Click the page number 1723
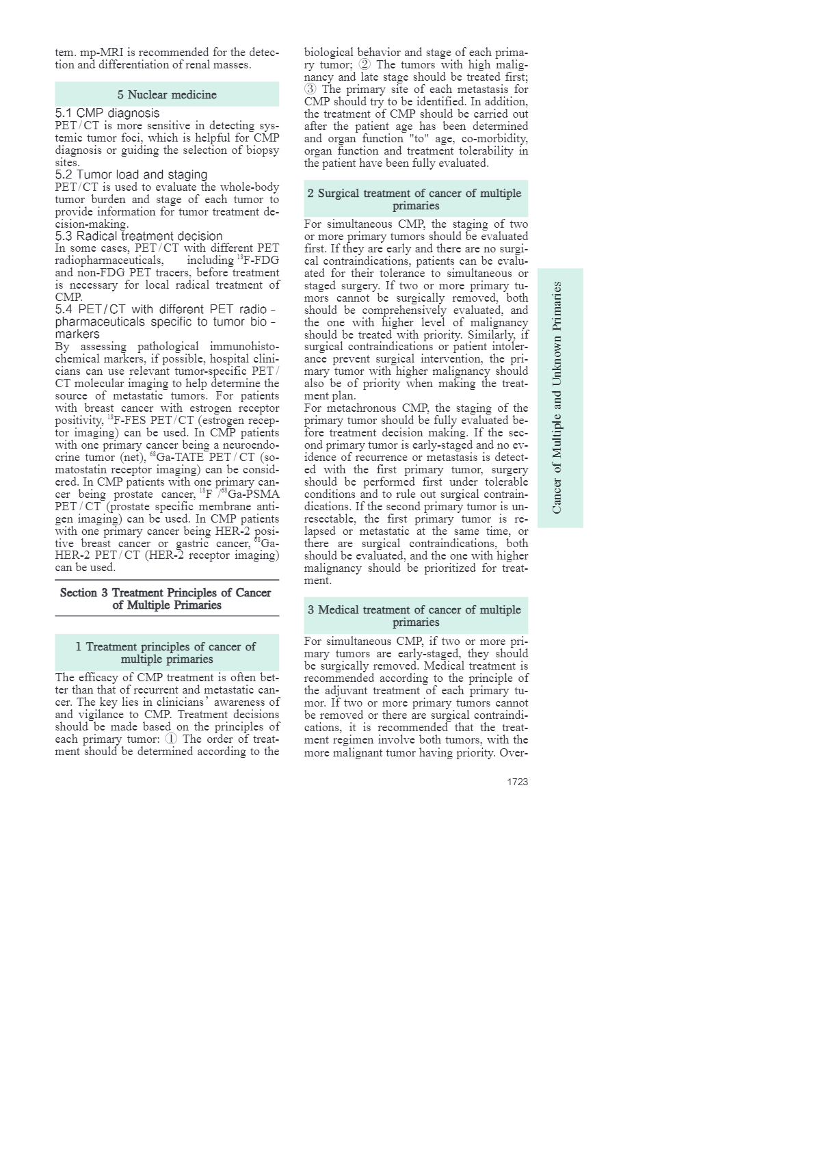pyautogui.click(x=517, y=782)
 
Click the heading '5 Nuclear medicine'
pyautogui.click(x=167, y=94)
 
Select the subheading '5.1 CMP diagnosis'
pyautogui.click(x=107, y=113)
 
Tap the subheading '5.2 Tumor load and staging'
pyautogui.click(x=131, y=174)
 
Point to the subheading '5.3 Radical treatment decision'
pyautogui.click(x=139, y=236)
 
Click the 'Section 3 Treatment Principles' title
pyautogui.click(x=166, y=598)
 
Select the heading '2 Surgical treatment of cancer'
pyautogui.click(x=415, y=199)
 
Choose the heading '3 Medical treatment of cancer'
pyautogui.click(x=415, y=616)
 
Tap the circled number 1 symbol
pyautogui.click(x=171, y=739)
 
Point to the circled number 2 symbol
pyautogui.click(x=365, y=64)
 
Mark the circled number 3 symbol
pyautogui.click(x=310, y=89)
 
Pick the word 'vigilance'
pyautogui.click(x=96, y=715)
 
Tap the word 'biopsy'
pyautogui.click(x=263, y=150)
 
